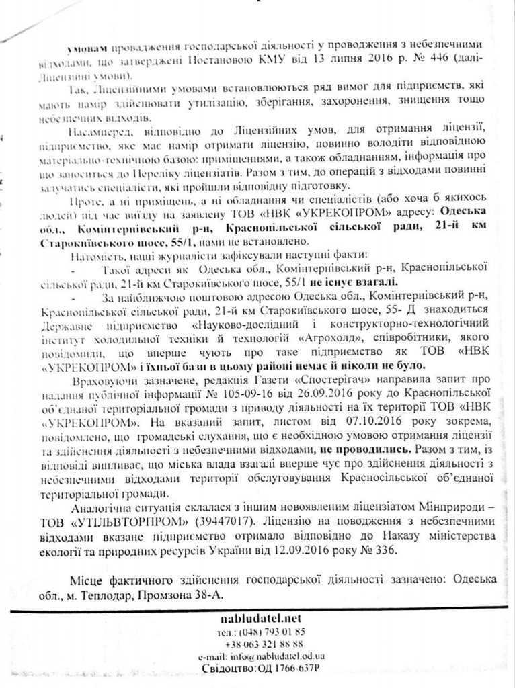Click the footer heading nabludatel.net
[257, 617]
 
